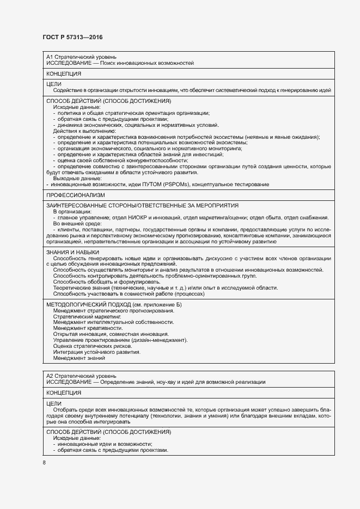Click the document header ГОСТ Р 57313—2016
point(72,37)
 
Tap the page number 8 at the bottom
point(44,462)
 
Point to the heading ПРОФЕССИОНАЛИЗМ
point(76,194)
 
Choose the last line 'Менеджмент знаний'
point(78,358)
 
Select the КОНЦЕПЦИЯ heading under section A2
point(64,392)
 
